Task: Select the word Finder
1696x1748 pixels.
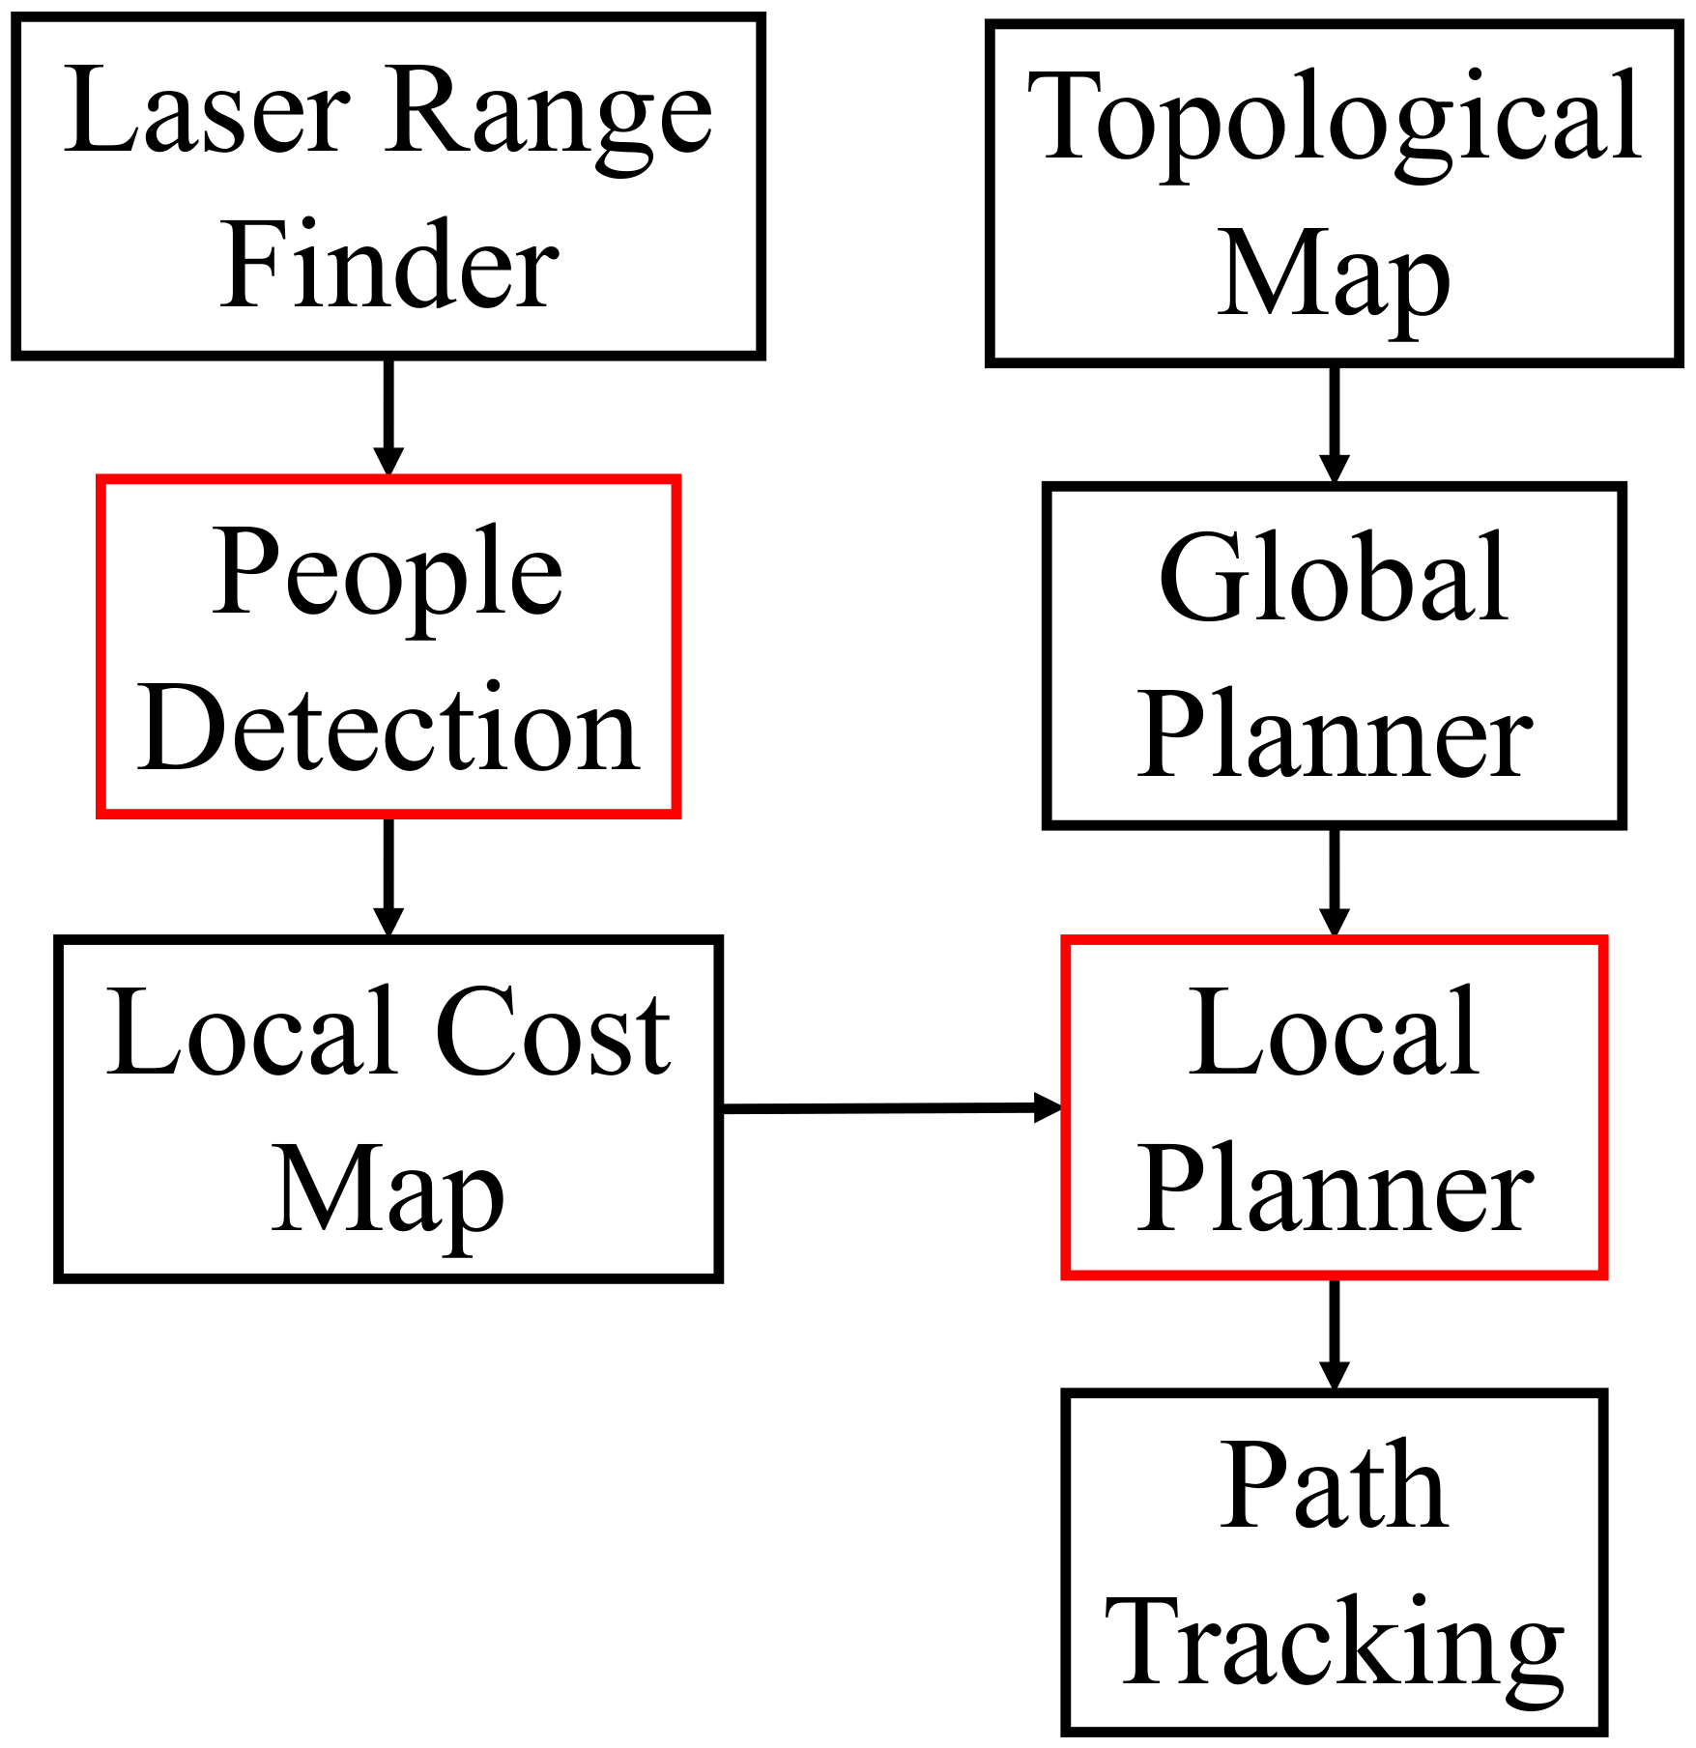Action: [388, 266]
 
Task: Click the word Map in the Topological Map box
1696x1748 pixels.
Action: [1334, 275]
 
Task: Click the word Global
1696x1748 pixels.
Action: [1334, 580]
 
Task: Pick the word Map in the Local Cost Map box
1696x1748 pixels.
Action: [387, 1190]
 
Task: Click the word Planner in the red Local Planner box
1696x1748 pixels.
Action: [1334, 1190]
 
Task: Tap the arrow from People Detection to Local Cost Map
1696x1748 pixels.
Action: [388, 875]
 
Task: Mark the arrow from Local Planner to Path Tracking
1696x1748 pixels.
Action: [1335, 1333]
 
